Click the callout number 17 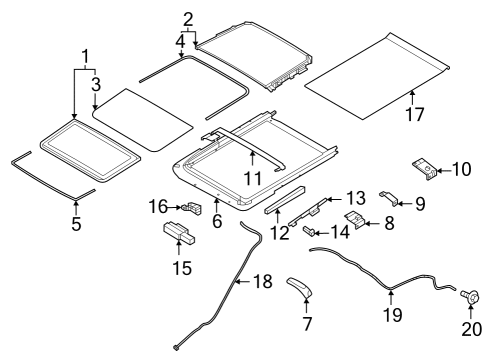(414, 114)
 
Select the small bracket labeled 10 (425, 168)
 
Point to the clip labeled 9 (388, 198)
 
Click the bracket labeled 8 (354, 220)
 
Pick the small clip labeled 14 (308, 231)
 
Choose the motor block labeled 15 (179, 232)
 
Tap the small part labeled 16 (192, 208)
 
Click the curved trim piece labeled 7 (299, 286)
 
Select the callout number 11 (253, 178)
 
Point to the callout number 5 (76, 224)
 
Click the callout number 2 (188, 20)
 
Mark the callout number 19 (393, 315)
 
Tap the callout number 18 (263, 282)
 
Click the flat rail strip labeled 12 (285, 200)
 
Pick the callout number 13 (356, 198)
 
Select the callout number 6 (217, 221)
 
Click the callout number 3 (96, 84)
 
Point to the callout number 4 (180, 42)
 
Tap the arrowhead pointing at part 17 (412, 93)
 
